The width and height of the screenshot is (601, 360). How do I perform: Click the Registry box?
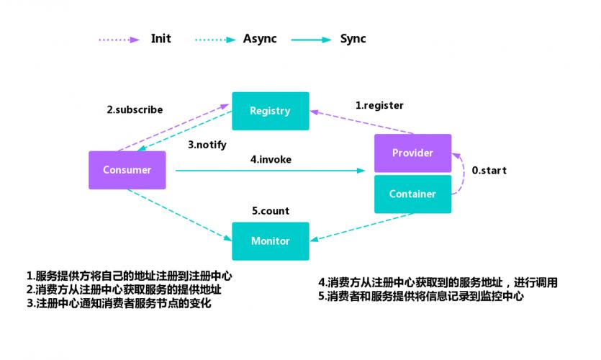click(x=270, y=111)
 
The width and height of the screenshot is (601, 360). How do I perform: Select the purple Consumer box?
click(x=127, y=171)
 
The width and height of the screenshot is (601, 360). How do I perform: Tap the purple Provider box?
click(x=412, y=153)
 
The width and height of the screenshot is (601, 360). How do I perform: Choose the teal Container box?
click(x=412, y=194)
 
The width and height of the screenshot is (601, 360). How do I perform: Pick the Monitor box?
click(x=270, y=241)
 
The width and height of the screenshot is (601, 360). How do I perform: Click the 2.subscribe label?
click(x=135, y=110)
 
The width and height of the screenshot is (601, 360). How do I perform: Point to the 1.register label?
click(x=379, y=105)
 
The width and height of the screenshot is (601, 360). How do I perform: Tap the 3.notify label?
click(x=207, y=144)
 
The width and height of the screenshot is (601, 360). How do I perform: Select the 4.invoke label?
click(x=271, y=159)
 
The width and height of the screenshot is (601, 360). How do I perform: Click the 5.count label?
click(x=270, y=211)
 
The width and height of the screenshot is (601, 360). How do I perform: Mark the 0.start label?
click(x=489, y=171)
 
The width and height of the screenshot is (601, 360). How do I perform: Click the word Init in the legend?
click(x=161, y=39)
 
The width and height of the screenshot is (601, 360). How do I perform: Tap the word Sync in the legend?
click(x=353, y=39)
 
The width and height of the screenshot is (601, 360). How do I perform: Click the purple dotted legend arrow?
click(x=118, y=40)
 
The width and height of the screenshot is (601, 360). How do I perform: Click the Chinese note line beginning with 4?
click(x=438, y=283)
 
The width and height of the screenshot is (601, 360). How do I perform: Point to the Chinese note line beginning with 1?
click(x=130, y=276)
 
